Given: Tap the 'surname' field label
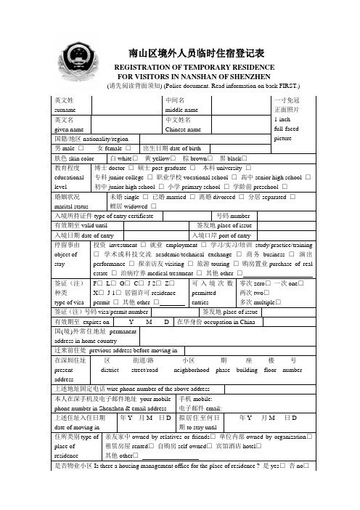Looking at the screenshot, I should pos(66,108).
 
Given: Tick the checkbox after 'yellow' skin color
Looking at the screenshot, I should pos(173,158).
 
